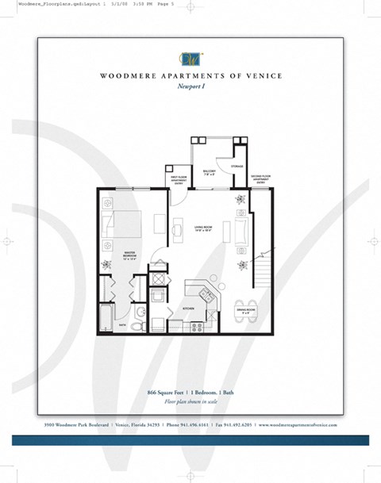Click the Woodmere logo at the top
click(191, 57)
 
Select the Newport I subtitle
click(191, 88)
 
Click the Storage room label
click(237, 167)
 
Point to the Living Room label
click(203, 228)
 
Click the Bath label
click(122, 324)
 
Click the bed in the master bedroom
click(121, 226)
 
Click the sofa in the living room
click(241, 231)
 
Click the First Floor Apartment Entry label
click(178, 178)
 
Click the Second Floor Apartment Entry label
click(263, 178)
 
